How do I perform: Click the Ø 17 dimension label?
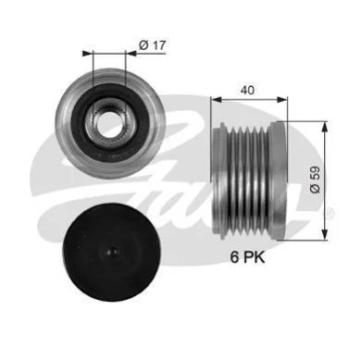(x=153, y=45)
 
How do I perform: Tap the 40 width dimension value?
(x=247, y=90)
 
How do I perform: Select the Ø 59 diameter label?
(x=316, y=180)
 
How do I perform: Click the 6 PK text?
(x=247, y=257)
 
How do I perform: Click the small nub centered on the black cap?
(x=113, y=252)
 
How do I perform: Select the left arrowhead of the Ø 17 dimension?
(x=88, y=54)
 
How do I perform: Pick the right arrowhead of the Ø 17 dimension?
(x=131, y=54)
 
